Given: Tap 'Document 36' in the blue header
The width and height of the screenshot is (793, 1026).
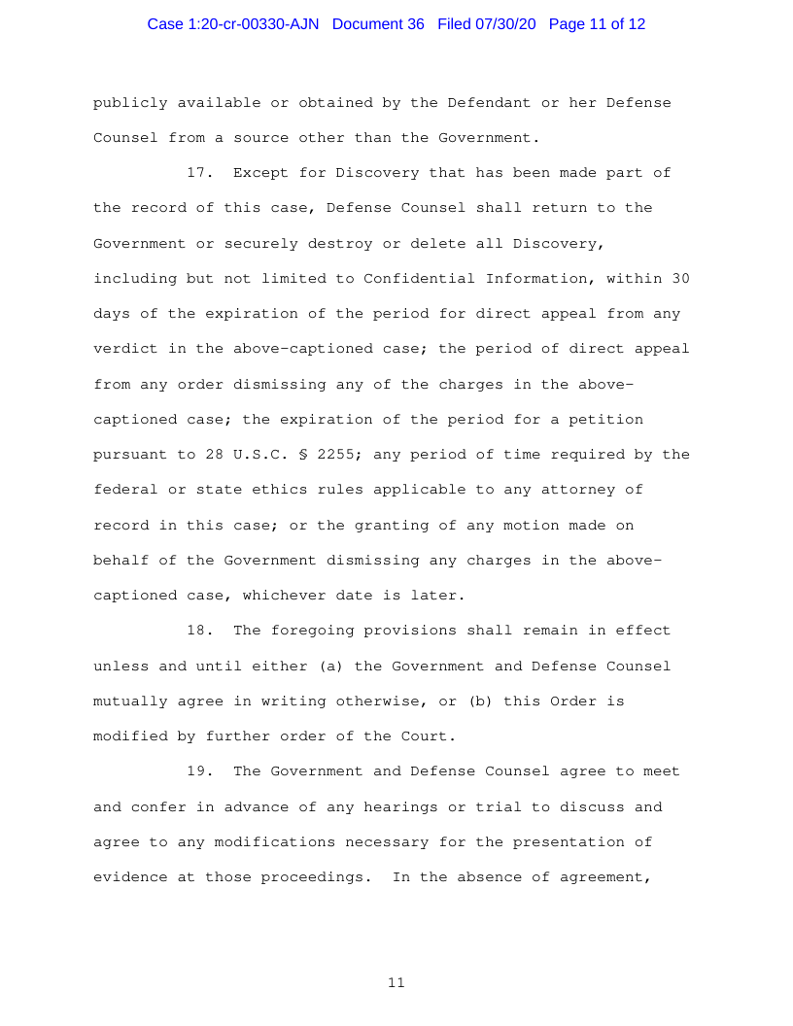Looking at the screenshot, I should [x=378, y=24].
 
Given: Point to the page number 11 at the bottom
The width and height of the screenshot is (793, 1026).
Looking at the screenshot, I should [x=396, y=983].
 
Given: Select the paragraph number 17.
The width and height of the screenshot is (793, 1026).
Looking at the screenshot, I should [x=199, y=173].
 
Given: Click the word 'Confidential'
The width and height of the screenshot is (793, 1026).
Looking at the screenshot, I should [x=419, y=279].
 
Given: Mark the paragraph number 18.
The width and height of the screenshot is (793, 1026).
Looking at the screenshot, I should [x=199, y=631].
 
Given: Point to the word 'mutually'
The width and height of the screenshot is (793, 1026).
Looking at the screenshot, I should [x=130, y=701].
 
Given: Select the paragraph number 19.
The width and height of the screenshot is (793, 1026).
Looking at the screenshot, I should [x=199, y=771].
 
